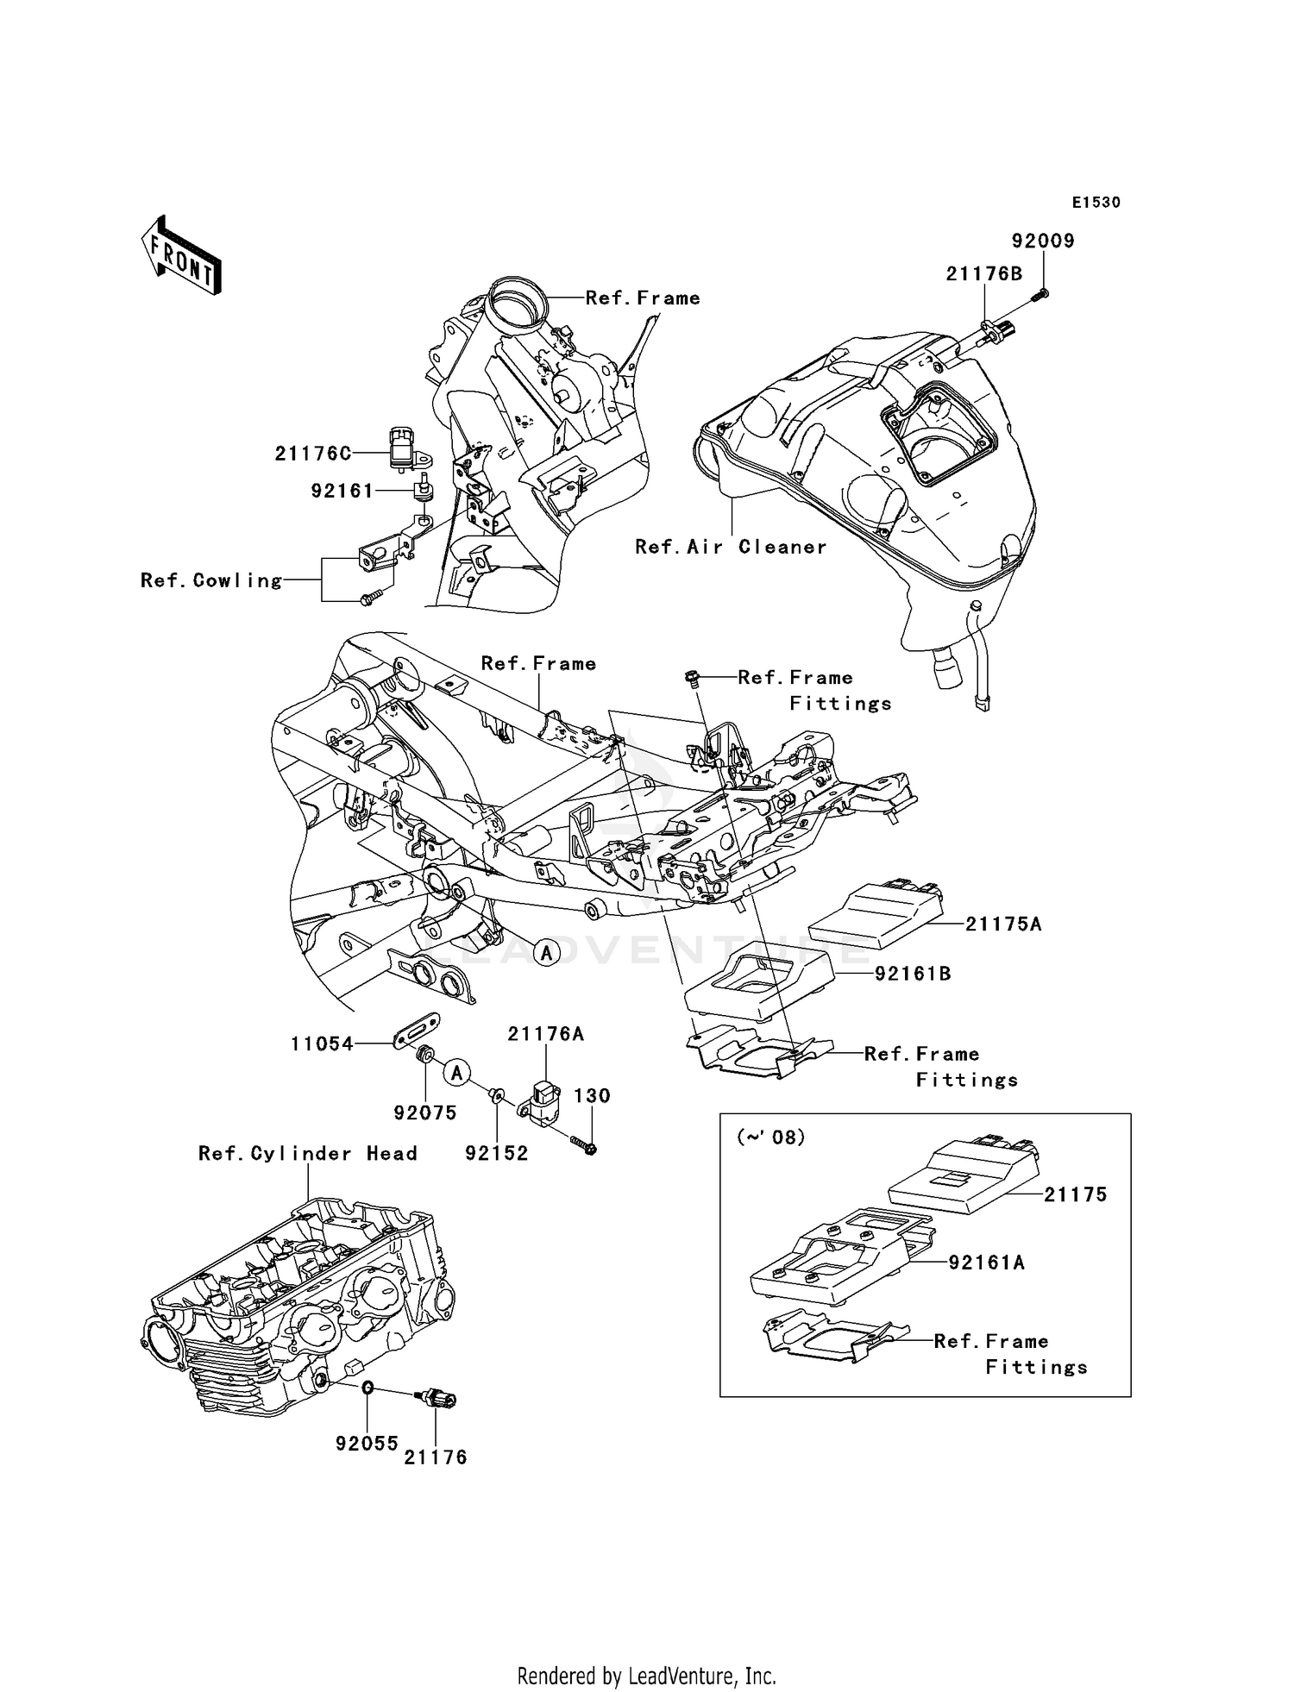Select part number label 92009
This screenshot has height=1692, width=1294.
(1043, 241)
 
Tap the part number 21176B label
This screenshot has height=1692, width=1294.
(983, 274)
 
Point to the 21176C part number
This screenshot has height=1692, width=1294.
(313, 454)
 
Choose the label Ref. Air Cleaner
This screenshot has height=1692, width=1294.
(731, 547)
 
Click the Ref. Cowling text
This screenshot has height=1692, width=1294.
(211, 580)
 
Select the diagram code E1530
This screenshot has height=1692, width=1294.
(1096, 203)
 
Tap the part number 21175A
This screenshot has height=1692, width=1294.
(1003, 924)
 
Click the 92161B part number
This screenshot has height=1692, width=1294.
(913, 974)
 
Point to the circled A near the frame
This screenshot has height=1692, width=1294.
(546, 953)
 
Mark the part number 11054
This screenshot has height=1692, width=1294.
(322, 1044)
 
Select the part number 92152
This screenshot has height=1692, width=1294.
(496, 1153)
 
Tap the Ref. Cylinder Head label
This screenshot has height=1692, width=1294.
(307, 1154)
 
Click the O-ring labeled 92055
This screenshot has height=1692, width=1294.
(367, 1388)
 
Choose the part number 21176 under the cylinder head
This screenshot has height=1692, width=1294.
(436, 1457)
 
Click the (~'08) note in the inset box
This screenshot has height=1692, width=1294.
(770, 1137)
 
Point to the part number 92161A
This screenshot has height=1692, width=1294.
(986, 1263)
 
